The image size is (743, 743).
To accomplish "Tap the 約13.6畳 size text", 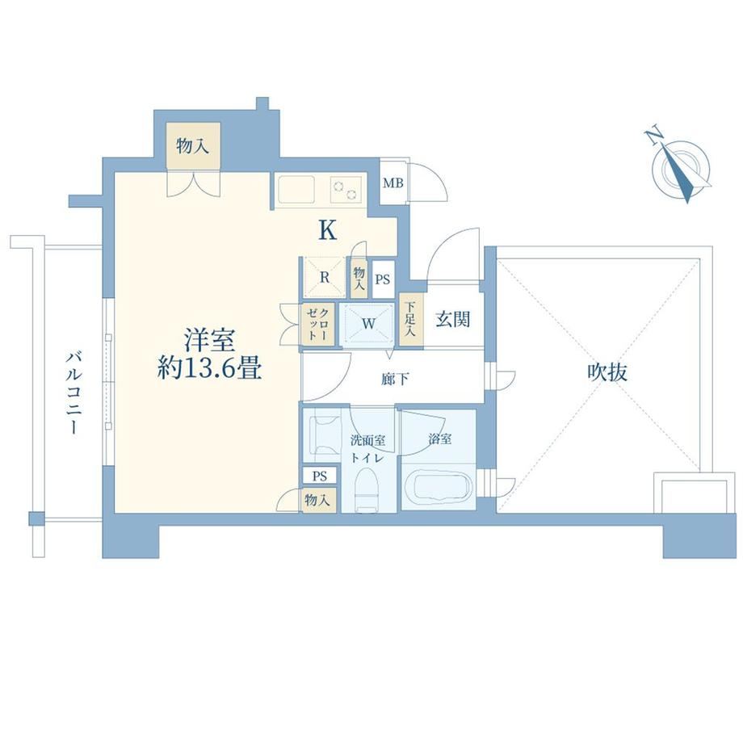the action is (209, 367).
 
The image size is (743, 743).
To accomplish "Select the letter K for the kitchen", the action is (328, 231).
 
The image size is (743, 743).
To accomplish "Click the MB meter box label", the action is (392, 183).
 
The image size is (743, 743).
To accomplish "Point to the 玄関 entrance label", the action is (452, 319).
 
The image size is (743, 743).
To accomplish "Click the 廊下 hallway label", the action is (395, 379).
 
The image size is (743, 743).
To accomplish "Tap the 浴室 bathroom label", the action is (439, 439).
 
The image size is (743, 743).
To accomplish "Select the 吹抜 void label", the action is (607, 373).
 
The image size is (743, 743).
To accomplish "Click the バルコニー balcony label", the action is (73, 392).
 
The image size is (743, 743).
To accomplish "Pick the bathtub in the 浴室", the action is (439, 486).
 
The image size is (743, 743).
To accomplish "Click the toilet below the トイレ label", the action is (367, 490).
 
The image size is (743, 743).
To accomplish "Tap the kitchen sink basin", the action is (297, 189).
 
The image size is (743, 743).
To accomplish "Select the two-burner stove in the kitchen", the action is (346, 189).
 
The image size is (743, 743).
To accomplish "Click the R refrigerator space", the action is (325, 277).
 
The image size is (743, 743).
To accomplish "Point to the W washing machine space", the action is (368, 325).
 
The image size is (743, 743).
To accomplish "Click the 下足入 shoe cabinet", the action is (410, 321).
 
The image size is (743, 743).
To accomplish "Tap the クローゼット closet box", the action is (318, 325).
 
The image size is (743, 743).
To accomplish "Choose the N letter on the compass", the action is (654, 136).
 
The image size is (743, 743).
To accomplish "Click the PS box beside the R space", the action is (382, 279).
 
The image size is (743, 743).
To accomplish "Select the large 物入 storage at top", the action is (193, 145).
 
